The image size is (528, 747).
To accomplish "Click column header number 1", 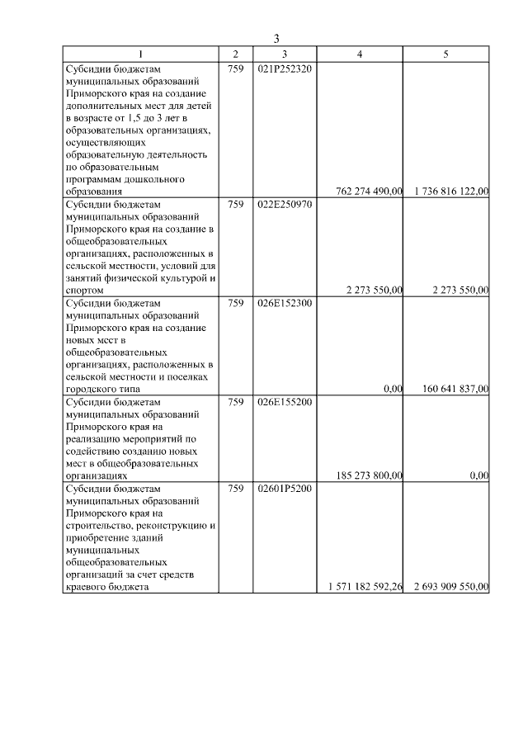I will (x=140, y=54).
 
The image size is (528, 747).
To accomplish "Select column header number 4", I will (x=359, y=54).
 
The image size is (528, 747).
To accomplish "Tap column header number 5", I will (x=445, y=54).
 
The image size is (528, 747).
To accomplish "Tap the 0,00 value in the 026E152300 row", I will (x=393, y=389).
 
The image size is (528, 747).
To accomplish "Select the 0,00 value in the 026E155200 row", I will (x=478, y=475).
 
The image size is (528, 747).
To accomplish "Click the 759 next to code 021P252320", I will (x=235, y=69).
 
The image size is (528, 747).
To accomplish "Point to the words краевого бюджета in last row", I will (x=106, y=587).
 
